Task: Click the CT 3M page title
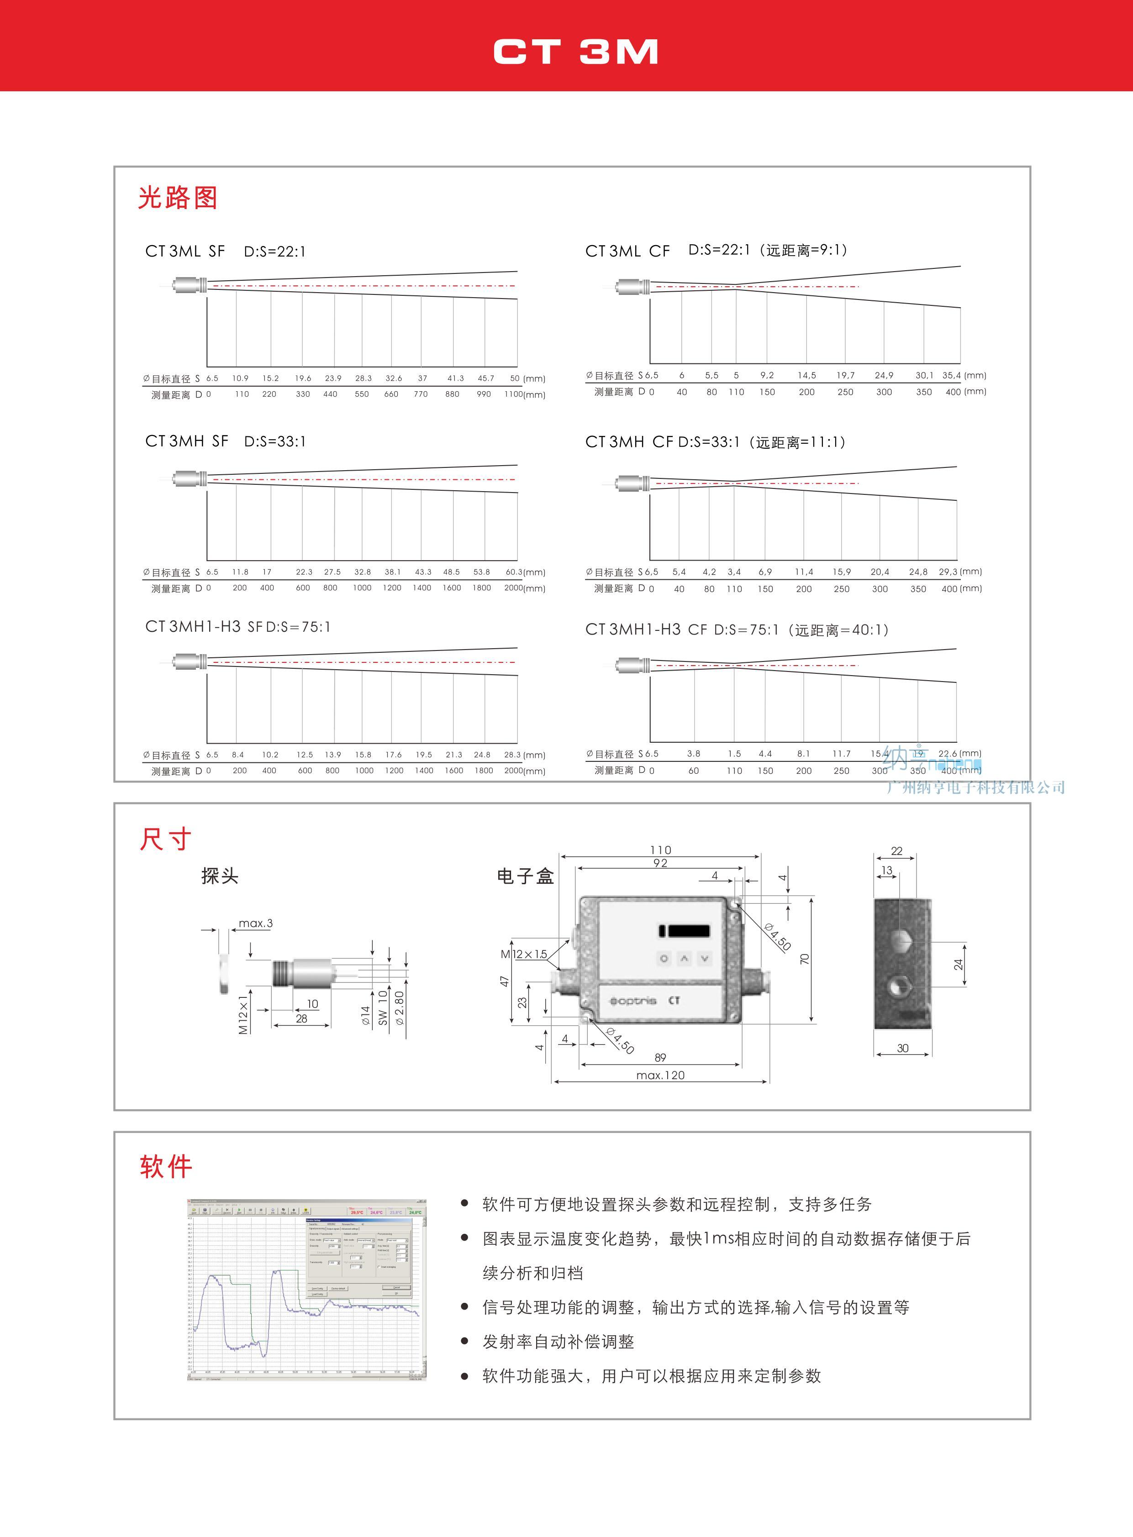575,52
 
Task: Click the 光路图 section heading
178,198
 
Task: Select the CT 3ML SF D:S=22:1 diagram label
225,251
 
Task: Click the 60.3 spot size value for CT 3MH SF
514,572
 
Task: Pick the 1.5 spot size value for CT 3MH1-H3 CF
734,753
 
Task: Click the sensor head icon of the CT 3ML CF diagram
631,287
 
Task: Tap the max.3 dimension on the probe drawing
255,923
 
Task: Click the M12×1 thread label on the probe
243,1014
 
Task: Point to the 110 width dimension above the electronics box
660,850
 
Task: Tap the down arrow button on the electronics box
704,958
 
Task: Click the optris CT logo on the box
644,1001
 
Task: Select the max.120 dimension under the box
660,1075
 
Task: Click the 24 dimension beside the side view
958,965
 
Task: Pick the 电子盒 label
525,876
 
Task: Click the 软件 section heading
165,1165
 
